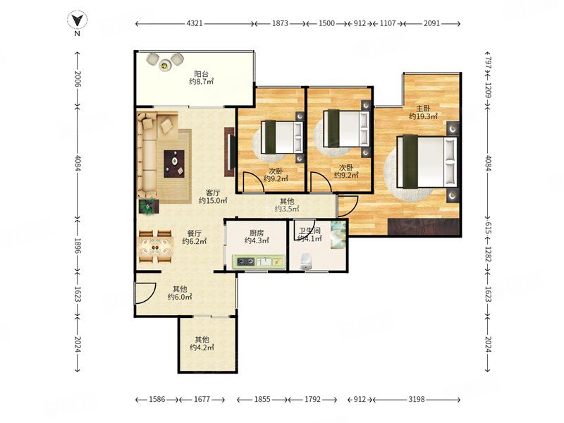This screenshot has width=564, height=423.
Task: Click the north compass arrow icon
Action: [x=77, y=20]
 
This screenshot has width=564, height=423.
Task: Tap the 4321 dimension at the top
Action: [x=195, y=23]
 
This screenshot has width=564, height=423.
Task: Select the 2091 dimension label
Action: [x=431, y=23]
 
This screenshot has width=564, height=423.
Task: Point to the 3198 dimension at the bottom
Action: [x=417, y=399]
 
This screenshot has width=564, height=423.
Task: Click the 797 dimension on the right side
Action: [x=488, y=62]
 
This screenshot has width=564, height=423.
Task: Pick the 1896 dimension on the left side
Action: [x=78, y=245]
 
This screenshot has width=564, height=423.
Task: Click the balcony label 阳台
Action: [x=201, y=74]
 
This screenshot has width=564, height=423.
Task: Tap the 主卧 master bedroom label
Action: [x=423, y=109]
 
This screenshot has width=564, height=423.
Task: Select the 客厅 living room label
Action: [x=213, y=192]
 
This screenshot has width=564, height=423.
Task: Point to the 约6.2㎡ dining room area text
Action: [x=195, y=241]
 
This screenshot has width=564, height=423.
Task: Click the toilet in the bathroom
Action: [x=306, y=262]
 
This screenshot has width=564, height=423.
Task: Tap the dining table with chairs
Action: [x=155, y=246]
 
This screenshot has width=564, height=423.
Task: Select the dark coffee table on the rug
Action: [x=174, y=164]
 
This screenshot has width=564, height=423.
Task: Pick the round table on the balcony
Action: [x=165, y=65]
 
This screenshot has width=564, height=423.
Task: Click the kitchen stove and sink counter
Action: [x=259, y=262]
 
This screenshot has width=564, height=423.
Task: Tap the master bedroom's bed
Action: [x=427, y=162]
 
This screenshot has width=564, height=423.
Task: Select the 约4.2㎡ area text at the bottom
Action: [x=202, y=348]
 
